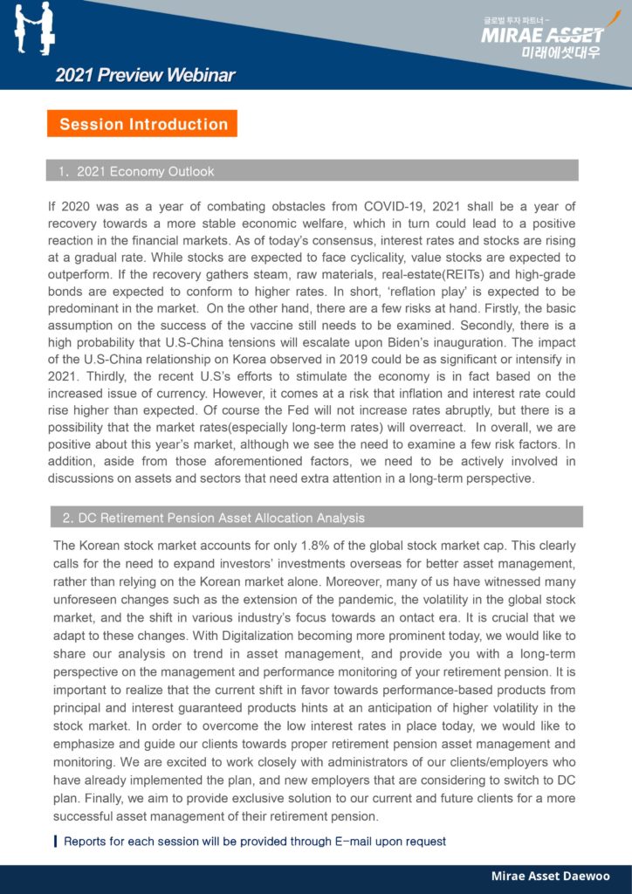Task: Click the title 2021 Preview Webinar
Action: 145,75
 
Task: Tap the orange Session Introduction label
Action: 143,124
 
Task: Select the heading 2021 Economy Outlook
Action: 145,171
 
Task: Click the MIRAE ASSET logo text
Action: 542,35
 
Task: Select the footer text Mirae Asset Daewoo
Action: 550,876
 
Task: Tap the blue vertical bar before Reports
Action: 56,842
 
